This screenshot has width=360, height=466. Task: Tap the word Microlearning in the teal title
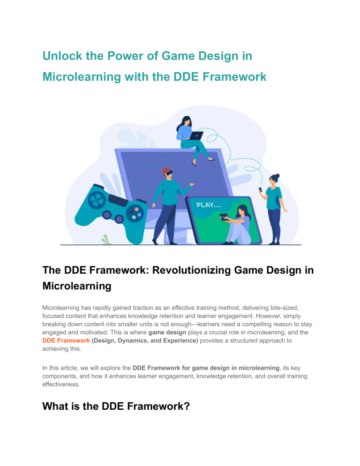coord(82,77)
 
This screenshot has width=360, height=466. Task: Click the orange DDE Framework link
coord(66,340)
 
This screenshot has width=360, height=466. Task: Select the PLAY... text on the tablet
coord(209,205)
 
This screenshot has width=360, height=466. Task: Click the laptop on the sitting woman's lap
coord(196,136)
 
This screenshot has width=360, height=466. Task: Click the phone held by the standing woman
coord(261,189)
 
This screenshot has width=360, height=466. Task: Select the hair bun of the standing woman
coord(277,176)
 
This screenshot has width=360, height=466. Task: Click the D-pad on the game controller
coord(96,199)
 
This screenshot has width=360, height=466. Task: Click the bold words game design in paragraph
coord(167,332)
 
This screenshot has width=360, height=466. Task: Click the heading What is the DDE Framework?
coord(116,406)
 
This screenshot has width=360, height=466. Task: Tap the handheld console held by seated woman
coord(224,217)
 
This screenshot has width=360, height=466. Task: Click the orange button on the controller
coord(136,209)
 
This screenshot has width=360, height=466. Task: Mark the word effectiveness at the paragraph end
coord(61,384)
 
